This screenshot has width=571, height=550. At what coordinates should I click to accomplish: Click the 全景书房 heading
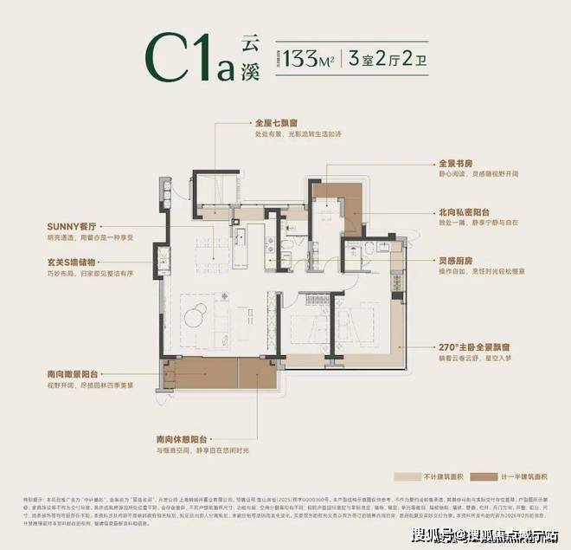point(461,162)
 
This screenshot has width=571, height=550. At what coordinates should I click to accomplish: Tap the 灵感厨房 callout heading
point(461,259)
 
